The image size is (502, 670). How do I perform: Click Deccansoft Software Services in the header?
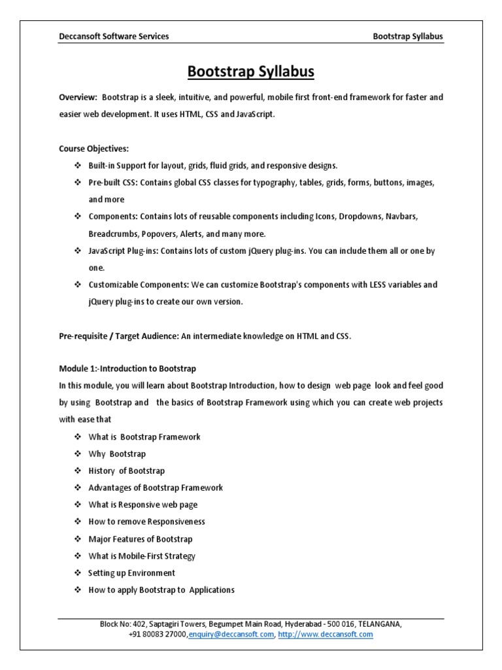click(114, 37)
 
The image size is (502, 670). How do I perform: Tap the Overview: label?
click(78, 97)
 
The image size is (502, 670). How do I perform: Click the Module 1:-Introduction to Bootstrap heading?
click(127, 368)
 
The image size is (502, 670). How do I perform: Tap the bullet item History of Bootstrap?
click(126, 470)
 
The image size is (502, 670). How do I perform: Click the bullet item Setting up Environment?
click(131, 573)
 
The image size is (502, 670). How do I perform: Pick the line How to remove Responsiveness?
click(146, 521)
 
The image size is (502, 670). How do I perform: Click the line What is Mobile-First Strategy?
click(142, 555)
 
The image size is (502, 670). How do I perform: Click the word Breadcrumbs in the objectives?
click(112, 234)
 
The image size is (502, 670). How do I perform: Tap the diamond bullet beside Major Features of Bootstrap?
click(78, 538)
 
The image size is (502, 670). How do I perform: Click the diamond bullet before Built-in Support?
click(78, 166)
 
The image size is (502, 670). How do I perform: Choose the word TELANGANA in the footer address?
click(380, 624)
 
